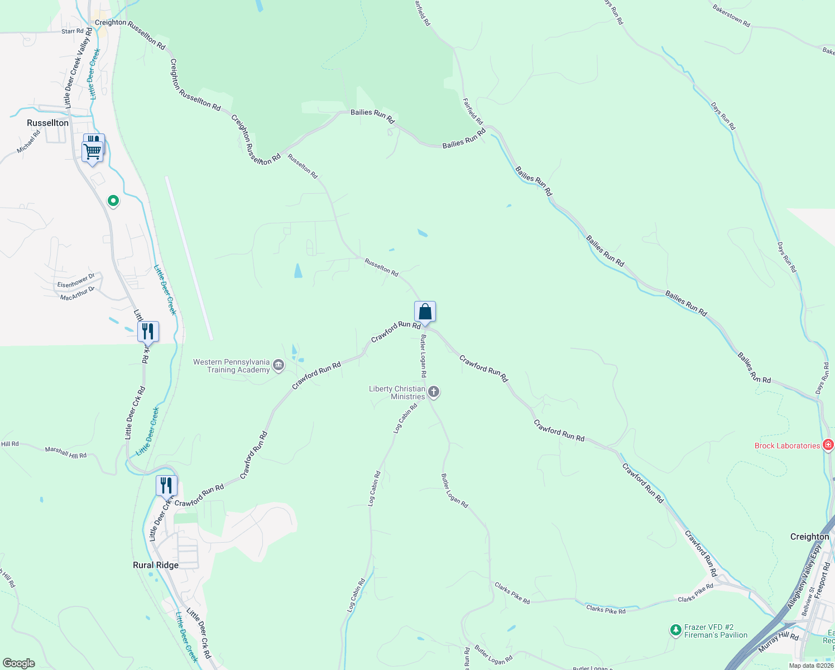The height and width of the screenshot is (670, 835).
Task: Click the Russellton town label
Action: [x=48, y=123]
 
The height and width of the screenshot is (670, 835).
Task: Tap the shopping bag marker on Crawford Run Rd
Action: [x=425, y=312]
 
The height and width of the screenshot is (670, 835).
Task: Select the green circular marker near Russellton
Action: [x=113, y=200]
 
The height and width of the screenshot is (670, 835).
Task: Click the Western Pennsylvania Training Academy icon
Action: [x=279, y=366]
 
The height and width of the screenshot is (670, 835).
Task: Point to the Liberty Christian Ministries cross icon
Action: [x=434, y=392]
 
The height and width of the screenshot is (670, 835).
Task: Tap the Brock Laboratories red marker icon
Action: [x=828, y=445]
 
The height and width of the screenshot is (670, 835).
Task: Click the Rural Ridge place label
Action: [x=156, y=565]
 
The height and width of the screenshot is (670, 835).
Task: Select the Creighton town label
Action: [x=809, y=537]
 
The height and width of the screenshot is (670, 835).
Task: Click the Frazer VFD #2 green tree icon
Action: [x=676, y=630]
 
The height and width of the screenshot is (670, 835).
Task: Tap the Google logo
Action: [x=19, y=663]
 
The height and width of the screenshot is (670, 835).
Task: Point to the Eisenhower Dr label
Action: [x=76, y=281]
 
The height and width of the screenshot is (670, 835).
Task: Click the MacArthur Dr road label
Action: [x=78, y=294]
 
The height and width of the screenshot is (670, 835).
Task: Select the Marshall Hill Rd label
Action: [x=66, y=452]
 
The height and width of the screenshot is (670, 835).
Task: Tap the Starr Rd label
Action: [x=73, y=31]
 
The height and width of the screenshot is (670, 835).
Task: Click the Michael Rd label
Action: [x=28, y=142]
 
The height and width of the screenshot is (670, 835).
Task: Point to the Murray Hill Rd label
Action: [x=779, y=643]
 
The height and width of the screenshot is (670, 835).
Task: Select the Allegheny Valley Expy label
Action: [x=804, y=577]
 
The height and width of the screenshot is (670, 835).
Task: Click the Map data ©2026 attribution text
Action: [x=811, y=666]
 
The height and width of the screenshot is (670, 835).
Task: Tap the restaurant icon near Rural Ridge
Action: [x=166, y=485]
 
